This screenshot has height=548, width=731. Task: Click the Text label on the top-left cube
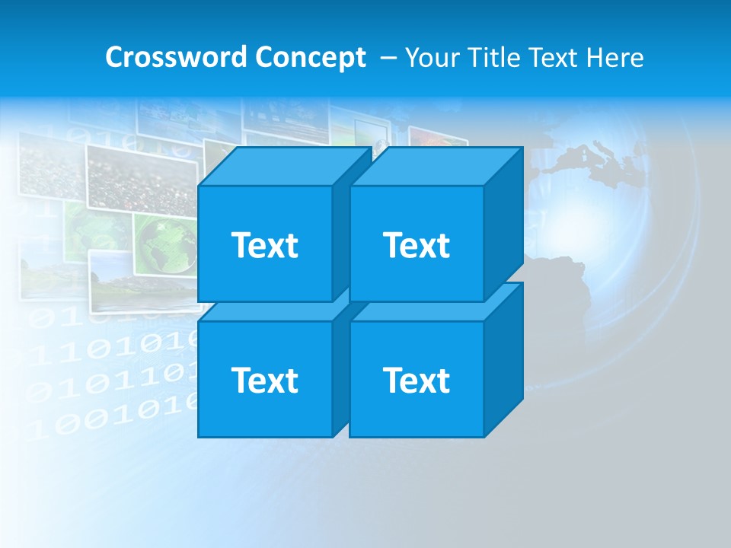pos(264,245)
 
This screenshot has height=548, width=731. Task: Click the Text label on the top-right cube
pos(417,245)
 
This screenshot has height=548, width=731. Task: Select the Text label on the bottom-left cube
pos(264,380)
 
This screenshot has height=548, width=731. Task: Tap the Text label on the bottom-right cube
pos(417,380)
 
